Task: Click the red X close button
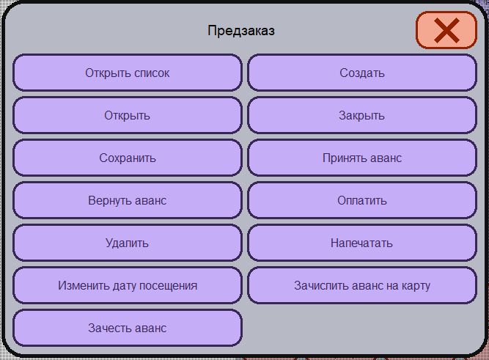446,30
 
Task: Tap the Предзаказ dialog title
241,31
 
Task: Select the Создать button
362,73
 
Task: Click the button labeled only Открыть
128,115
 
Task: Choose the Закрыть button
362,115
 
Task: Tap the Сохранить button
128,158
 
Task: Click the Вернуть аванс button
128,200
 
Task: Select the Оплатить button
362,200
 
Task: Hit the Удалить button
128,243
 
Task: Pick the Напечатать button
362,243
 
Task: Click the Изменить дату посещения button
128,285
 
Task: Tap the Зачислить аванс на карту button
362,285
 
